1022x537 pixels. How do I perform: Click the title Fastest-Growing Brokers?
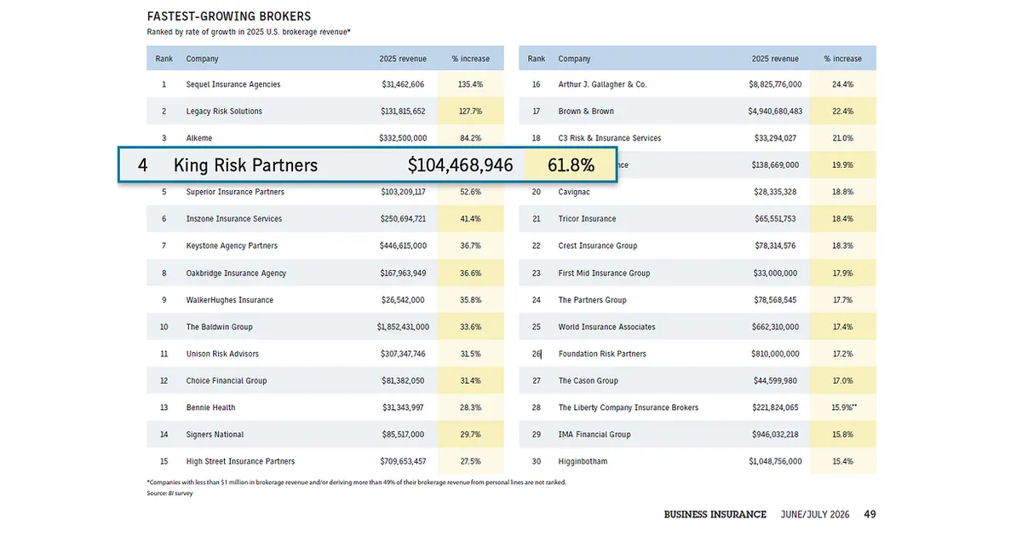[228, 16]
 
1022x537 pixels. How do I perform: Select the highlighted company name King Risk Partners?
[245, 165]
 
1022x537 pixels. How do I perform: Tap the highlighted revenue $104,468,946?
[460, 165]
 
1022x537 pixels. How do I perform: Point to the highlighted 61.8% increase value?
[571, 165]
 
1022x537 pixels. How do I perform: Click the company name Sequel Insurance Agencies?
[233, 84]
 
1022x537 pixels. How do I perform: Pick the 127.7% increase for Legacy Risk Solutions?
[471, 112]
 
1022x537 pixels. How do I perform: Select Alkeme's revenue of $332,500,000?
[403, 138]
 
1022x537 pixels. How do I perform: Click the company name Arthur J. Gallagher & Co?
[602, 84]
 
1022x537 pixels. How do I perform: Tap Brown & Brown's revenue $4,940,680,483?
[775, 112]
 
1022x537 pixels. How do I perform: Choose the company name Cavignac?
[574, 193]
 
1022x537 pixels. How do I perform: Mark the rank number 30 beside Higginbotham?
[536, 462]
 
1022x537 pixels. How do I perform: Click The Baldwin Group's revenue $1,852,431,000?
[403, 327]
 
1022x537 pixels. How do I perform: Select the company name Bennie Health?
[211, 407]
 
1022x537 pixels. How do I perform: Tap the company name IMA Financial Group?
[594, 435]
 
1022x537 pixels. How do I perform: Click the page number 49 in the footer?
[870, 515]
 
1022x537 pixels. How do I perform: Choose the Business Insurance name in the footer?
[715, 515]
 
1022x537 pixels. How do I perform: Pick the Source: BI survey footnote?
[169, 494]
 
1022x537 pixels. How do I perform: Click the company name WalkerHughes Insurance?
[229, 300]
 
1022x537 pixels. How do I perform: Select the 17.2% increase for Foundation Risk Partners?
[842, 354]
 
